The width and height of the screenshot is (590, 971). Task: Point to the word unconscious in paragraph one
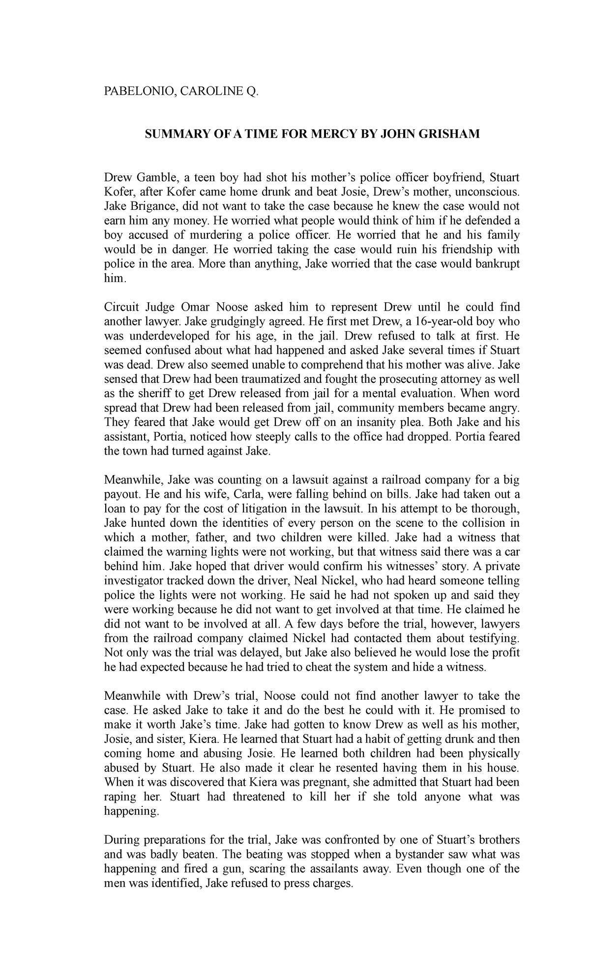487,191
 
